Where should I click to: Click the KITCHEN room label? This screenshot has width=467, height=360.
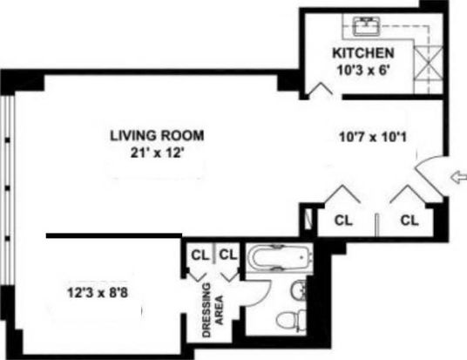click(x=363, y=53)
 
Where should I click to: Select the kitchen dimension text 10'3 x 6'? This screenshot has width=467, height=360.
click(x=363, y=71)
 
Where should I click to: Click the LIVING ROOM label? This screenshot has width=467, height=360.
click(x=157, y=136)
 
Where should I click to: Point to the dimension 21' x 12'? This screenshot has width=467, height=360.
click(x=157, y=153)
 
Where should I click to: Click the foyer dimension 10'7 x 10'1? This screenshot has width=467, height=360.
click(x=373, y=138)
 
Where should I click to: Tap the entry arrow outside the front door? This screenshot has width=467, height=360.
click(x=458, y=178)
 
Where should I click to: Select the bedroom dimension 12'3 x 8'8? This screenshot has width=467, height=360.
click(x=98, y=292)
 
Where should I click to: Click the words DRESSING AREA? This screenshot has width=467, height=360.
click(x=213, y=310)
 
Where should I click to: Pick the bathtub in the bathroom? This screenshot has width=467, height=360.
click(x=280, y=257)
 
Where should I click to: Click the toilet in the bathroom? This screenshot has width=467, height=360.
click(x=291, y=321)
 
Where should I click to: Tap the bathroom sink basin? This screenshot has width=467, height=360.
click(x=298, y=289)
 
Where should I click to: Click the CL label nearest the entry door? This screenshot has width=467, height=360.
click(x=409, y=221)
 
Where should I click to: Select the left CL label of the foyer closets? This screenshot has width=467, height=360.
click(x=343, y=221)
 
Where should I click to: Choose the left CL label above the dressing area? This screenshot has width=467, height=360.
click(x=200, y=255)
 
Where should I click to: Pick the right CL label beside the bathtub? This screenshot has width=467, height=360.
click(x=228, y=255)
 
